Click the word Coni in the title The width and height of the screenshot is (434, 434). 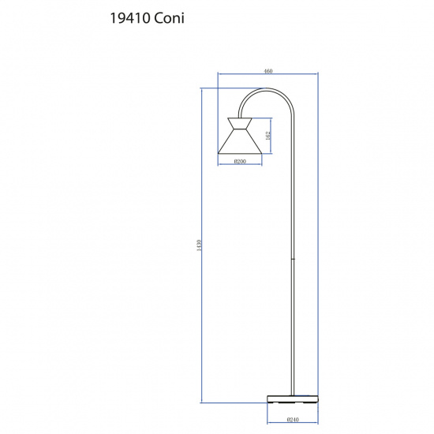[170, 18]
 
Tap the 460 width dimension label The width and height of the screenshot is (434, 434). [268, 71]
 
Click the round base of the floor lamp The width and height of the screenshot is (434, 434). [292, 397]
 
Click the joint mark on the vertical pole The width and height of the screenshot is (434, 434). [295, 258]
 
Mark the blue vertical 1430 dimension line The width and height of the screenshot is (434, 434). [203, 316]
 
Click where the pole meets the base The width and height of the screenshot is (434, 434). [295, 391]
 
